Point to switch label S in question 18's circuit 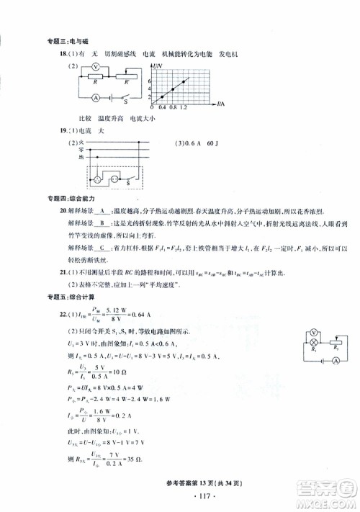tap(126, 103)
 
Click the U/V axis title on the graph tap(158, 66)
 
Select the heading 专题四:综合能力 tap(66, 198)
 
